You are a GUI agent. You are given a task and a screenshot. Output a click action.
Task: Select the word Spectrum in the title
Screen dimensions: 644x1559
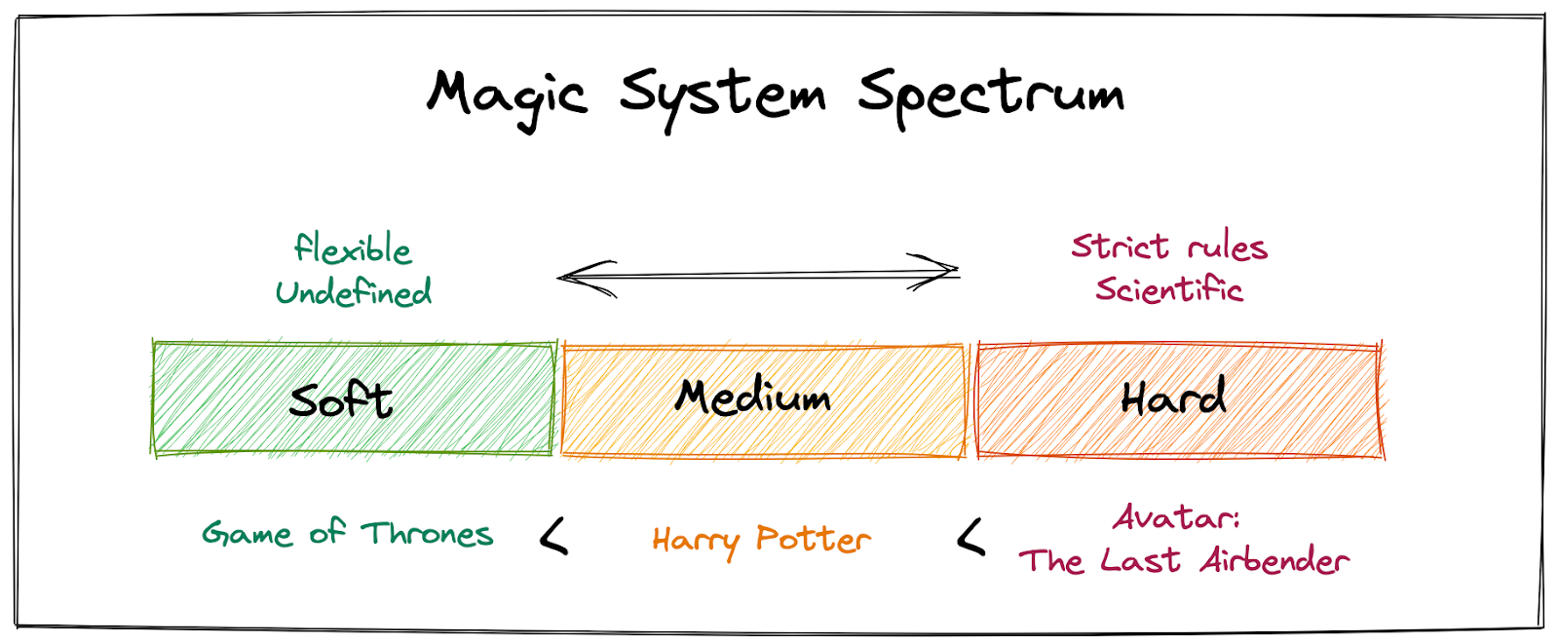[990, 95]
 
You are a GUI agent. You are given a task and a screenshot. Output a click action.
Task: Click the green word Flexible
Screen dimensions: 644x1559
[353, 249]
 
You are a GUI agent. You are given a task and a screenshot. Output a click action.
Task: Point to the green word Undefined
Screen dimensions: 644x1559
[353, 291]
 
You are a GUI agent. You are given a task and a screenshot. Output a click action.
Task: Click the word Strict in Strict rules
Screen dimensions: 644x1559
[1120, 246]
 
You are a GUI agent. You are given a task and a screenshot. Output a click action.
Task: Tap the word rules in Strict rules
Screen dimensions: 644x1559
[1227, 247]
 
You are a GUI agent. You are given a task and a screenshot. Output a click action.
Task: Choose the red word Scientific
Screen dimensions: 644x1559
[1169, 289]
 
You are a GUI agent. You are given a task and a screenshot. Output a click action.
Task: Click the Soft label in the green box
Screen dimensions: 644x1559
[341, 399]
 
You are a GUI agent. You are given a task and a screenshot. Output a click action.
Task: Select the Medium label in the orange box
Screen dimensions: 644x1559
[753, 397]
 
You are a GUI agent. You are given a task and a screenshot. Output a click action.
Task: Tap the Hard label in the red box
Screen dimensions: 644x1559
[1173, 398]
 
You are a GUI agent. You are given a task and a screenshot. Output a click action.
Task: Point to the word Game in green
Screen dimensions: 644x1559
[247, 534]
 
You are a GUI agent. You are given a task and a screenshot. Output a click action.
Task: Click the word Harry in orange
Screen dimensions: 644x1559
[695, 541]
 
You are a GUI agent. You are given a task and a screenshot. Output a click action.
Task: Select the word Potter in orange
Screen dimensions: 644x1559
[814, 539]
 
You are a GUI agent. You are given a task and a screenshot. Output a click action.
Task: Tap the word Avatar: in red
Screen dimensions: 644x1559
[1176, 517]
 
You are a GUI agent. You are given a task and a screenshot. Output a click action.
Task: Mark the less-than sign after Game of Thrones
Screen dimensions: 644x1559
[554, 536]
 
